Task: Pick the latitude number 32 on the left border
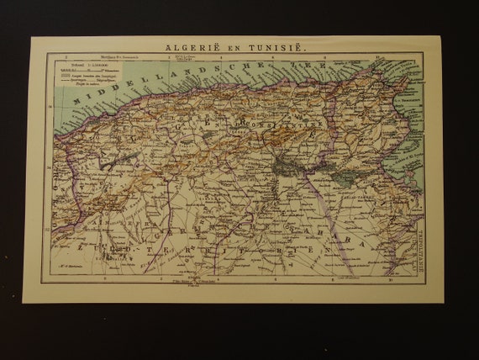pyautogui.click(x=49, y=228)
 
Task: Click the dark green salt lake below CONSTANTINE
pyautogui.click(x=289, y=167)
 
